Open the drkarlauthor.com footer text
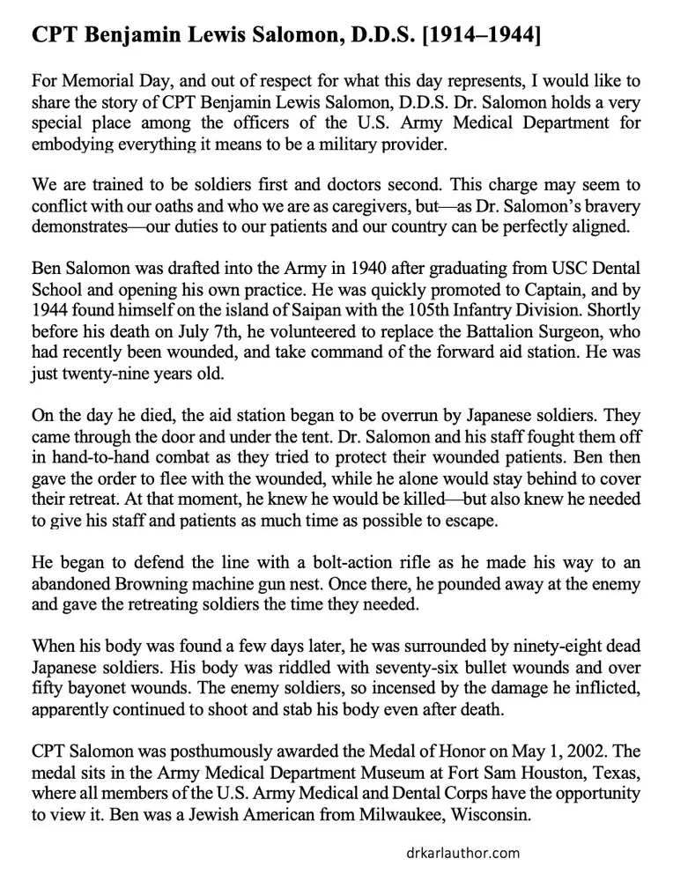click(458, 853)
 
